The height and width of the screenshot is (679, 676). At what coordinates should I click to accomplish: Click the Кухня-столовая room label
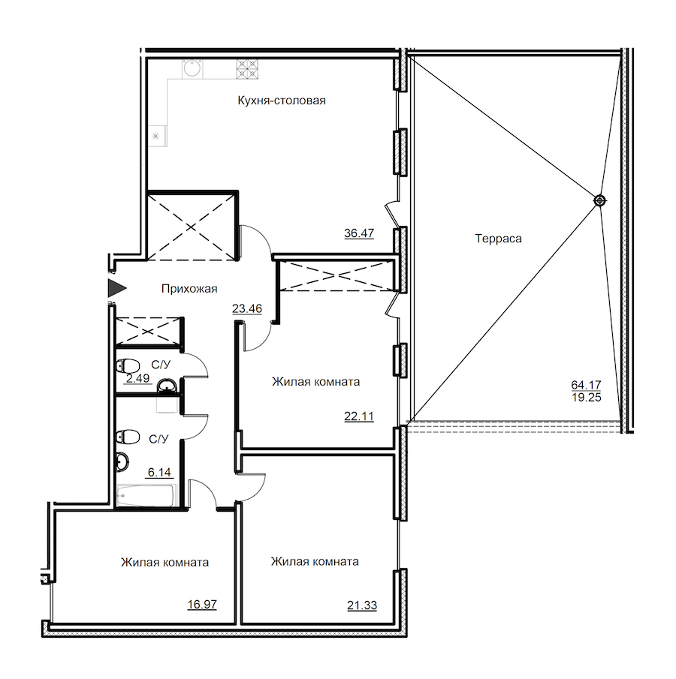coord(282,101)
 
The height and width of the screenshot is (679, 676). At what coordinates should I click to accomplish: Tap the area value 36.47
coord(359,233)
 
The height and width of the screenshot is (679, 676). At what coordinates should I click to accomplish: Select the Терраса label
coord(498,239)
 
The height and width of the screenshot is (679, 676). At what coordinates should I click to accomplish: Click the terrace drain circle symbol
coord(599,200)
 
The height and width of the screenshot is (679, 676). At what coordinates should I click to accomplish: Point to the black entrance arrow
coord(116,288)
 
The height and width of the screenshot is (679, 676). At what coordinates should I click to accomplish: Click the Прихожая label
coord(189,288)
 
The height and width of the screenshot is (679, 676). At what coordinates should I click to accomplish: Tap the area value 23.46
coord(247,308)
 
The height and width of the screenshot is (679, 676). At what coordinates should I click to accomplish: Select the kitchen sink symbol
coord(192,68)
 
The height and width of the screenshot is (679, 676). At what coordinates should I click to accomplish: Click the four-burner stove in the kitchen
coord(248,69)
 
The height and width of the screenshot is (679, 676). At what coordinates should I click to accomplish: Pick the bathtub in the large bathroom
coord(146,495)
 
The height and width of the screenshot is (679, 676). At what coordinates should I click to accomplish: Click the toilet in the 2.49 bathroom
coord(128,365)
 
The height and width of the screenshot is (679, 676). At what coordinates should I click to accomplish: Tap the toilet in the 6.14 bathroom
coord(128,436)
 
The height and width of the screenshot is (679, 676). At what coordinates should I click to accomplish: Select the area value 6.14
coord(159,472)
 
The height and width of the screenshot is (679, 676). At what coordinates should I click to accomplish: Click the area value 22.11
coord(359,416)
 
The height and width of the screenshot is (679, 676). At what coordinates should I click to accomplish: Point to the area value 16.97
coord(202,604)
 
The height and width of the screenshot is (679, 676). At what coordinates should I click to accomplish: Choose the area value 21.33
coord(362,605)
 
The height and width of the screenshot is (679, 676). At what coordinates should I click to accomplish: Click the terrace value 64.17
coord(587,384)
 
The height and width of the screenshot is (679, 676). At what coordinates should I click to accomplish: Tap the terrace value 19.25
coord(587,397)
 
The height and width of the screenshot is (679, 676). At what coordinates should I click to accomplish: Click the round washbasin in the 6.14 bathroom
coord(122,461)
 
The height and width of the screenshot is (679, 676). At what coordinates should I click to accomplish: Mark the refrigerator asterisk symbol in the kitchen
coord(155,137)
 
